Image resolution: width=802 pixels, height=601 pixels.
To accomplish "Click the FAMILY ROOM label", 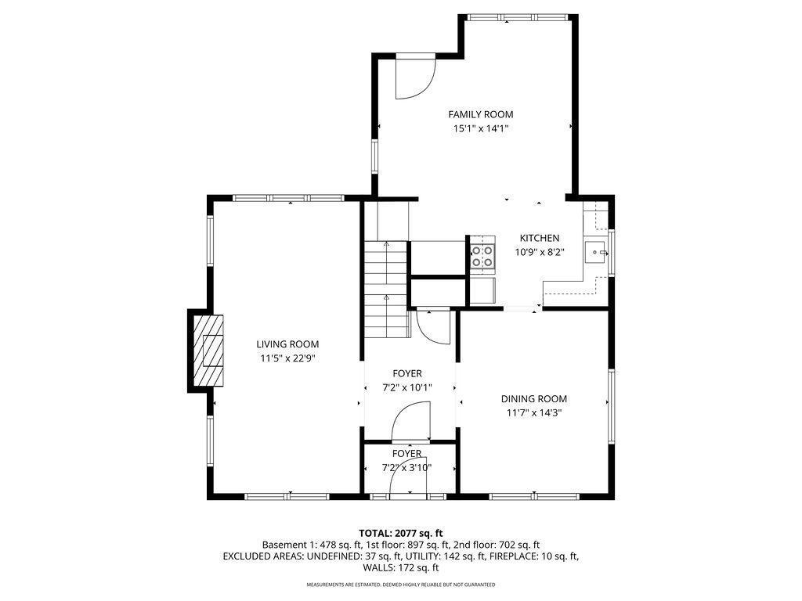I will [x=480, y=114].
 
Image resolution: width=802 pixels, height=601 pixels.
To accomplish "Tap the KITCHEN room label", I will [x=540, y=238].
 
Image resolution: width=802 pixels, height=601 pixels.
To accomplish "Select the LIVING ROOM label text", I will [x=287, y=344].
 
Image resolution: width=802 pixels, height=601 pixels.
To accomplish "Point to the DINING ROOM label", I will [x=533, y=398].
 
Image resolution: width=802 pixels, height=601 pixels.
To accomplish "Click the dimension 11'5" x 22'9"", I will [x=287, y=358].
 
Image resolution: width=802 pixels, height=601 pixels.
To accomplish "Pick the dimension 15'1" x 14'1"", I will [x=480, y=129].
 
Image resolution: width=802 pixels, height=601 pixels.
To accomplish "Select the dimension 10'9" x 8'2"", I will [x=540, y=252].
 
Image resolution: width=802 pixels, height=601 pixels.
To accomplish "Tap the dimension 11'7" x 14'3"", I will [x=533, y=413].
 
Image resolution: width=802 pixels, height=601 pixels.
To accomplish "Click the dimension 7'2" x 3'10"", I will [x=406, y=468].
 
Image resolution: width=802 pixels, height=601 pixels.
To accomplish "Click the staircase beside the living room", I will [x=387, y=290].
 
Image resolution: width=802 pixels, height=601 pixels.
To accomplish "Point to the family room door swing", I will [x=412, y=78].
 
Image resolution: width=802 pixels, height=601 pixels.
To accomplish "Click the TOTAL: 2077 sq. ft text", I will [x=401, y=533].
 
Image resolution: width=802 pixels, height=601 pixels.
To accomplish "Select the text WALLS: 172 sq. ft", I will [x=401, y=567].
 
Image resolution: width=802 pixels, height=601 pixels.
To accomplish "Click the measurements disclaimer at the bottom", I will [x=401, y=585].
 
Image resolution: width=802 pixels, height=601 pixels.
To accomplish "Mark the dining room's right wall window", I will [x=610, y=403].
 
